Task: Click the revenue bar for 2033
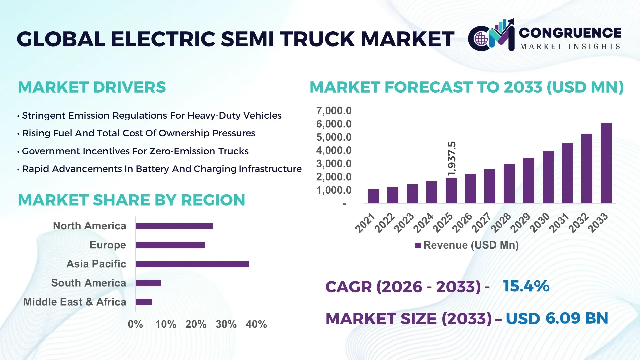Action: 606,163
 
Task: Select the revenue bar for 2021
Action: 373,196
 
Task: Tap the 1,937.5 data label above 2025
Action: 452,159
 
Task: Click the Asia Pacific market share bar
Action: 192,264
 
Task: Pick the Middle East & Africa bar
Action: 144,302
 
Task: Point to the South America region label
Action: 89,283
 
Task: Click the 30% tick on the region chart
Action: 226,324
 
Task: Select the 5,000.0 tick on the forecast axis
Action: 334,137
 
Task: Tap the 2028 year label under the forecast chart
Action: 501,223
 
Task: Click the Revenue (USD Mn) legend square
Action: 418,245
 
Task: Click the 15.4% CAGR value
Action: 526,286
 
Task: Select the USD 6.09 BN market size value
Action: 557,318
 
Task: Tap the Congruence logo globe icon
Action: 481,39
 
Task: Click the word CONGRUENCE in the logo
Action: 570,33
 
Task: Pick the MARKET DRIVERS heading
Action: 92,87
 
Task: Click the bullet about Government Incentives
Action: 135,151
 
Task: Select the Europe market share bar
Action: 170,245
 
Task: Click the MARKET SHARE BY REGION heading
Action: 131,200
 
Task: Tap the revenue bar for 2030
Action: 548,177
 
